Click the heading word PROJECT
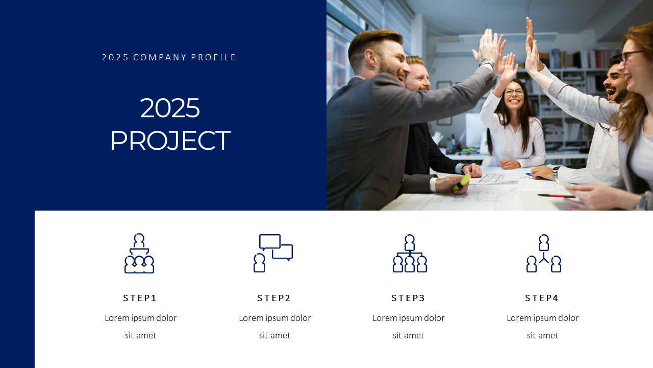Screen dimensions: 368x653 [170, 141]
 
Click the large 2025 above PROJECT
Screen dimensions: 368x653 [170, 108]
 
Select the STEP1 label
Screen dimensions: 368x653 [140, 298]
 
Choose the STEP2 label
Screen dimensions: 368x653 [274, 298]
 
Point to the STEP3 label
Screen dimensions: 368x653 [408, 298]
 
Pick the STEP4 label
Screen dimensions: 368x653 [542, 298]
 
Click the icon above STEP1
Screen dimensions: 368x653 [139, 254]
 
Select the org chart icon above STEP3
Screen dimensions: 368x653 [410, 254]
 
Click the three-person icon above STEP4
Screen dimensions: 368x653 [544, 254]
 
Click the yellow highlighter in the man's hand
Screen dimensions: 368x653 [462, 181]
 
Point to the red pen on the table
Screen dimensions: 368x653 [556, 196]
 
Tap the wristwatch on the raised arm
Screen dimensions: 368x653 [486, 63]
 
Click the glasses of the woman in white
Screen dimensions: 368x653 [514, 93]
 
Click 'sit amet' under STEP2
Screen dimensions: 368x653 [274, 335]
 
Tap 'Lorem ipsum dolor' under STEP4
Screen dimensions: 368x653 [542, 318]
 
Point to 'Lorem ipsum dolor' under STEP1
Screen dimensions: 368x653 [141, 318]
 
